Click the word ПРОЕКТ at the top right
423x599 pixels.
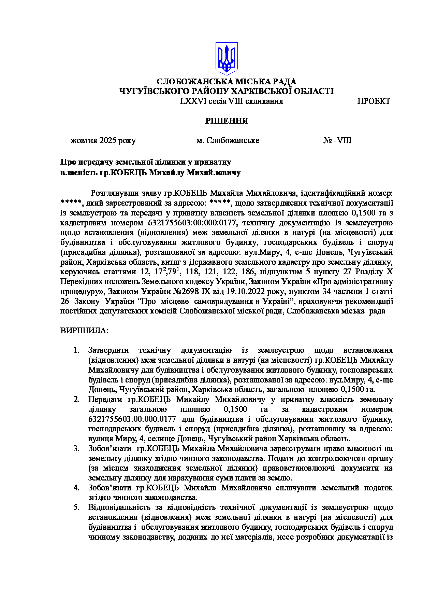[x=374, y=101]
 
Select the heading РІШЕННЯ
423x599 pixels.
[x=226, y=121]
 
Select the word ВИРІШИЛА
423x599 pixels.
[x=84, y=331]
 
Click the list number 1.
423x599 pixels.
[x=76, y=350]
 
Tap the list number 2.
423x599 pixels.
[x=76, y=400]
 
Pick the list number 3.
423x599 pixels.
[x=76, y=449]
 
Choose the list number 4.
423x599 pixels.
[x=76, y=488]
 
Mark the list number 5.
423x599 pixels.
[x=76, y=507]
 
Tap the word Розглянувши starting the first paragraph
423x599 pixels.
[x=114, y=193]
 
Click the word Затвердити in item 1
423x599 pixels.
[x=108, y=350]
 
